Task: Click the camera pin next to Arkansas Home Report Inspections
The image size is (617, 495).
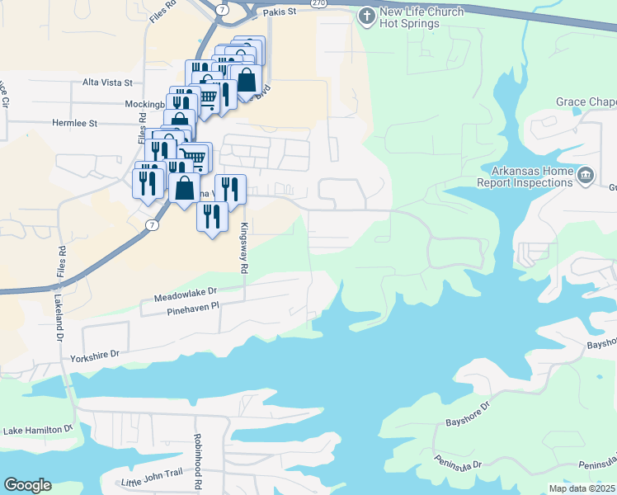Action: [x=585, y=174]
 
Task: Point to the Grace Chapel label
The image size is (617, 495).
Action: [x=586, y=101]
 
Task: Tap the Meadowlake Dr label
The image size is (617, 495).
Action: [x=185, y=293]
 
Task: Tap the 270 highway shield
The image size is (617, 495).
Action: [x=317, y=3]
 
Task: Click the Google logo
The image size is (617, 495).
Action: [x=27, y=485]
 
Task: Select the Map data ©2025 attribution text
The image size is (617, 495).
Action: [x=582, y=488]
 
